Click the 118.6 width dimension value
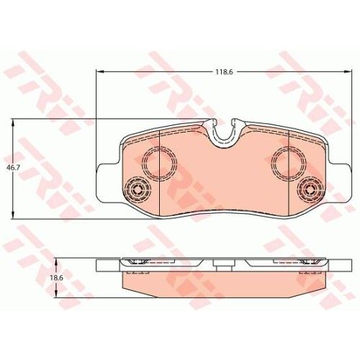(x=224, y=72)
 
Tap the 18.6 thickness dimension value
(x=57, y=278)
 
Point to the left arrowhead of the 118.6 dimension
(x=99, y=71)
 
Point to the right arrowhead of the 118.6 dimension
(x=348, y=71)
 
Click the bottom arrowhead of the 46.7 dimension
(x=13, y=215)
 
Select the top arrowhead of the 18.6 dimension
(x=56, y=262)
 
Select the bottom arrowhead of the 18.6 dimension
(x=56, y=294)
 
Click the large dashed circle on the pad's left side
(x=143, y=163)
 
